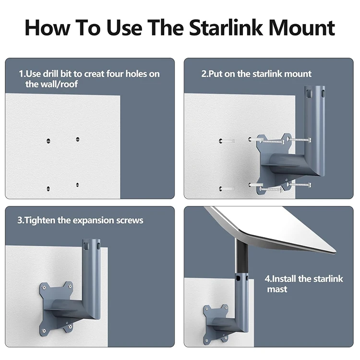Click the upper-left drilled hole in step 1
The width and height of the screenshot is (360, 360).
48,140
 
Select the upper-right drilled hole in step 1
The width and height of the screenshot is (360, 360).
77,140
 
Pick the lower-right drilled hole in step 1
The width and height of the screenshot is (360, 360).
77,184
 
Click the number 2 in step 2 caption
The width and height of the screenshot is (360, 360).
204,74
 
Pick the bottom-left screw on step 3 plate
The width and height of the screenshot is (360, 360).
45,329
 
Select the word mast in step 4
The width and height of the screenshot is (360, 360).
277,289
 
